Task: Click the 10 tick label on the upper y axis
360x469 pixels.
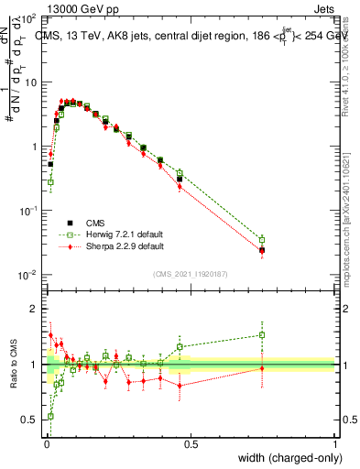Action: click(29, 82)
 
